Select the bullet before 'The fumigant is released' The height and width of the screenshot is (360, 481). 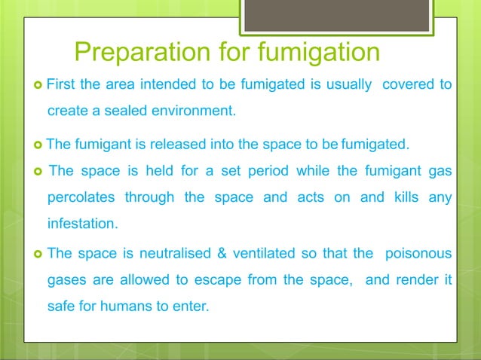tap(38, 143)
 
